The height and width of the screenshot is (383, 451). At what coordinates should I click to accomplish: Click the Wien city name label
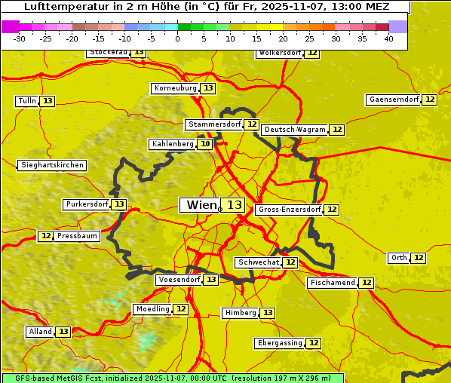pos(200,205)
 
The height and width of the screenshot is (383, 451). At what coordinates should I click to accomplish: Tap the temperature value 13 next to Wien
pos(234,205)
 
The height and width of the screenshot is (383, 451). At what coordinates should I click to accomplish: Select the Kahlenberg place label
pos(173,144)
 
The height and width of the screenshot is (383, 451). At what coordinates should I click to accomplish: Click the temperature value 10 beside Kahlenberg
pos(205,144)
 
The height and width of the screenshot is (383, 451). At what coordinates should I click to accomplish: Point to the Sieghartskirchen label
pos(52,165)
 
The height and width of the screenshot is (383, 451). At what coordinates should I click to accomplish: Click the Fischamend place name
pos(332,283)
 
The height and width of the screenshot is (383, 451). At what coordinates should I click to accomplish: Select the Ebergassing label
pos(279,343)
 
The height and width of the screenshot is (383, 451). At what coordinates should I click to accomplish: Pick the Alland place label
pos(40,332)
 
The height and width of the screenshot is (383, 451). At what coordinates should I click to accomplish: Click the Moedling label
pos(152,309)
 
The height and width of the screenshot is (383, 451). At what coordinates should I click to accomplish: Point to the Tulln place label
pos(26,101)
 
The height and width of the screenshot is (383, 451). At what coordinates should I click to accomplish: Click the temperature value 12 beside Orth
pos(419,258)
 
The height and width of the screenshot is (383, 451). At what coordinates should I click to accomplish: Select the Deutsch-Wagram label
pos(295,130)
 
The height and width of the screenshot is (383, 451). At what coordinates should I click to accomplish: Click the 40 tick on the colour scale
pos(388,38)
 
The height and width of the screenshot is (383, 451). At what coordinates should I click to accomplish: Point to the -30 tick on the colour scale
pos(20,38)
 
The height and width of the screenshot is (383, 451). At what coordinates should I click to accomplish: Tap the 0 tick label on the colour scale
pos(178,38)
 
